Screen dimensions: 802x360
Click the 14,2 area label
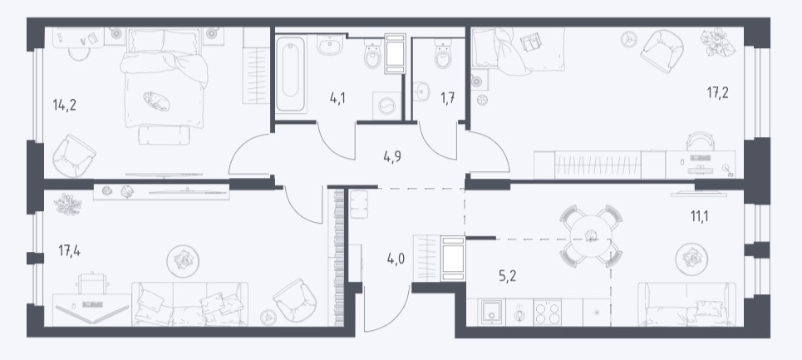tap(65, 106)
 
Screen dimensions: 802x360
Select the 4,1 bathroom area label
tap(337, 96)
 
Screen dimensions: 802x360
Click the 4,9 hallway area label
tap(392, 156)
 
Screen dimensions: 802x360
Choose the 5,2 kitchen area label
tap(508, 276)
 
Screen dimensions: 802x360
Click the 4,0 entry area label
tap(396, 259)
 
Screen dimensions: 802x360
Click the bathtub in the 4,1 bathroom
tap(291, 74)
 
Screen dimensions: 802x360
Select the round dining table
tap(591, 236)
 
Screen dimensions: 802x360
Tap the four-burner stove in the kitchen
tap(548, 312)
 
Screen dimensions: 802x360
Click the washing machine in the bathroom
tap(387, 106)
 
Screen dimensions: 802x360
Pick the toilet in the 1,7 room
tap(443, 55)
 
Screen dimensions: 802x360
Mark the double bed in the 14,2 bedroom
tap(164, 77)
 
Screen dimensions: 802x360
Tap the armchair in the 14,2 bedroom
tap(74, 155)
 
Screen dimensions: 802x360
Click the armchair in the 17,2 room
tap(662, 52)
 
